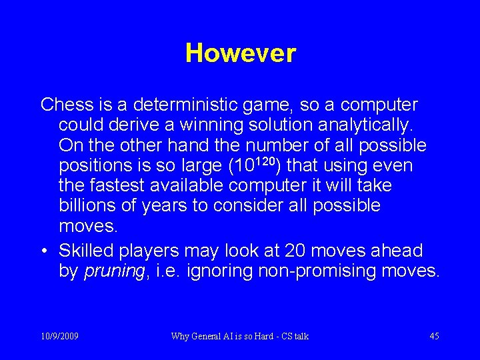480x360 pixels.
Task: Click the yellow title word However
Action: coord(240,53)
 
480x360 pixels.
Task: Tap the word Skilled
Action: coord(87,251)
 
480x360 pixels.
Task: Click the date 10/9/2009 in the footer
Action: coord(59,336)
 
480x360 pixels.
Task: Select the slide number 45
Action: coord(434,336)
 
